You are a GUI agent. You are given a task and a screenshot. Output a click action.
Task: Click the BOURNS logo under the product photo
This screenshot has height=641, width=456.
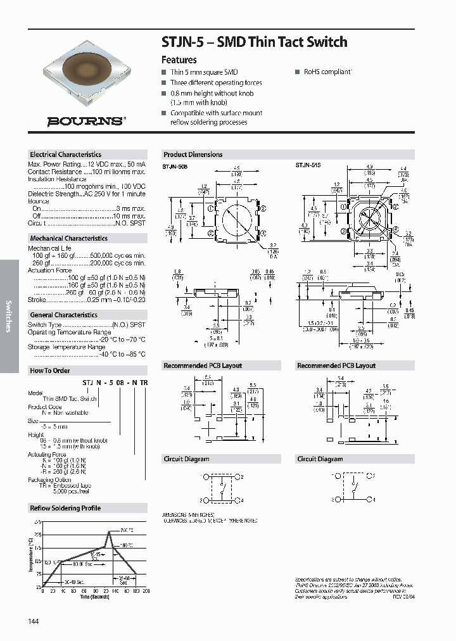(x=85, y=121)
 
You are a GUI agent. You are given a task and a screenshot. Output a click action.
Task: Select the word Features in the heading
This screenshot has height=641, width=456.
(x=179, y=60)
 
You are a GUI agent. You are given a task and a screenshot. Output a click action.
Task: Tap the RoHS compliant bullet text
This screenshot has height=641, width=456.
(x=327, y=72)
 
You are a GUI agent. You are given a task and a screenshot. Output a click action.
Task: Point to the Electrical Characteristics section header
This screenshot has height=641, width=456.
(x=66, y=155)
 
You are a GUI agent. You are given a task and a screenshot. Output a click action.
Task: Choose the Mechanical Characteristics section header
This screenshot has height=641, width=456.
(x=68, y=238)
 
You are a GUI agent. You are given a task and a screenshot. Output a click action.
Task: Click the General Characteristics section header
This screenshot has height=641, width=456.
(x=63, y=315)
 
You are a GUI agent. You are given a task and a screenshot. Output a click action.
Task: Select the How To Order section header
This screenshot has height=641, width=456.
(x=50, y=371)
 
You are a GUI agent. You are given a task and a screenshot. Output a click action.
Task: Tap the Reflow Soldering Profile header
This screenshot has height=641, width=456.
(x=65, y=508)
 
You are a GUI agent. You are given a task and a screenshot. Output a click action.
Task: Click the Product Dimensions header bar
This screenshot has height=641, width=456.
(x=193, y=155)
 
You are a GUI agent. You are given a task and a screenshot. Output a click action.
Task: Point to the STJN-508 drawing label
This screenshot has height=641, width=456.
(x=175, y=165)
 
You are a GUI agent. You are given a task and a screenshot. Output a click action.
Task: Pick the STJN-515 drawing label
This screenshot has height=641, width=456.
(x=308, y=165)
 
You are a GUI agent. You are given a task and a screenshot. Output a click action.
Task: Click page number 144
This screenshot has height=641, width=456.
(x=34, y=621)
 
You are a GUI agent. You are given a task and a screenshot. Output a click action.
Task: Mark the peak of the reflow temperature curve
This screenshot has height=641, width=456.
(x=109, y=531)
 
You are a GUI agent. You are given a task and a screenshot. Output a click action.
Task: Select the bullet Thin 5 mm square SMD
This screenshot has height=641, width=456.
(x=204, y=72)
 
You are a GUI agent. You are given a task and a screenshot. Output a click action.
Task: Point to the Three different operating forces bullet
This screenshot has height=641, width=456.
(x=216, y=83)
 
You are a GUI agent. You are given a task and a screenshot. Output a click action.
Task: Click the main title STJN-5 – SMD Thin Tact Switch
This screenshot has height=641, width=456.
(x=255, y=42)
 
